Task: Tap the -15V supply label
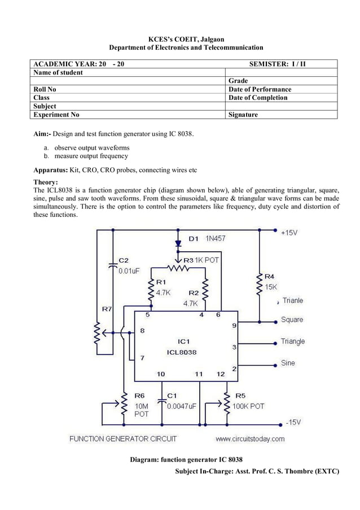tap(292, 422)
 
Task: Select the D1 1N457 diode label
tap(207, 239)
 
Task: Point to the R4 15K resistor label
tap(270, 282)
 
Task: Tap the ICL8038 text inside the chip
tap(182, 352)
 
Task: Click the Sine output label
tap(288, 363)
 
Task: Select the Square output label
tap(292, 320)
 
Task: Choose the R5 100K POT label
tap(248, 406)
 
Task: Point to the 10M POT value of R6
tap(142, 410)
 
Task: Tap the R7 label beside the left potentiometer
tap(107, 309)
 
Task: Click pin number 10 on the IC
tap(161, 374)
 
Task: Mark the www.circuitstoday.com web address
tap(250, 439)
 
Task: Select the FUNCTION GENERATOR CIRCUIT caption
tap(123, 439)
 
